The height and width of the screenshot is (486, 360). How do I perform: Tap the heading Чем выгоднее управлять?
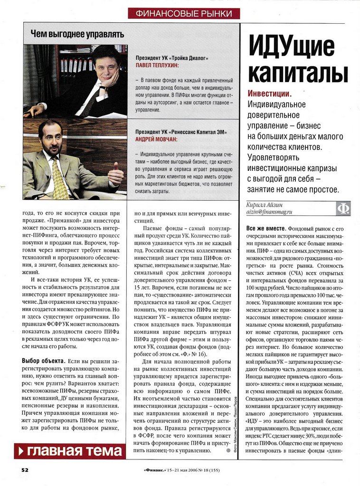(x=77, y=34)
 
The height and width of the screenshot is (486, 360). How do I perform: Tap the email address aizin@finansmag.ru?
(x=269, y=212)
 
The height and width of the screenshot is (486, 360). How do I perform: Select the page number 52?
(x=25, y=470)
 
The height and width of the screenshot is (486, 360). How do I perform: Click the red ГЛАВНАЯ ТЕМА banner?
(x=70, y=451)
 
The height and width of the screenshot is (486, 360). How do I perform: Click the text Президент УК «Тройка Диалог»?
(x=172, y=58)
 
